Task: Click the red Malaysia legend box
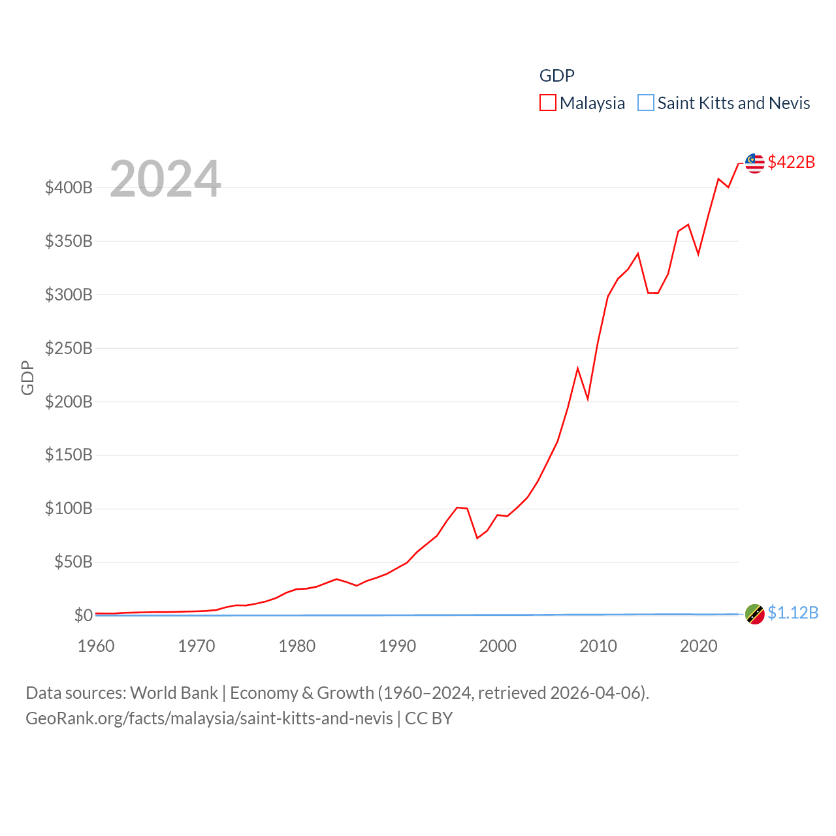[x=547, y=103]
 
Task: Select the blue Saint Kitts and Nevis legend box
[x=645, y=103]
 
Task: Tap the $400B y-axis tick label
[x=69, y=188]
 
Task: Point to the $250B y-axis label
[x=69, y=348]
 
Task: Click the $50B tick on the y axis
[x=73, y=562]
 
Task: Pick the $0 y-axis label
[x=83, y=615]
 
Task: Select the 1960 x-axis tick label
[x=96, y=646]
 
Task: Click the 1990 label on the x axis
[x=397, y=646]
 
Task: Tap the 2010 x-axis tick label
[x=598, y=646]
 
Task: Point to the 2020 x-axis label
[x=699, y=646]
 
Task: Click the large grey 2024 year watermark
[x=165, y=179]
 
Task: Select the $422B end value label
[x=791, y=162]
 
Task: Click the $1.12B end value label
[x=793, y=613]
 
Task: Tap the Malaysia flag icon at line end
[x=755, y=163]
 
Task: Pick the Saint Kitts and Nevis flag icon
[x=755, y=614]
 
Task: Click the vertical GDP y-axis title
[x=27, y=378]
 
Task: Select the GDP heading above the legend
[x=556, y=76]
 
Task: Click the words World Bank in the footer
[x=174, y=692]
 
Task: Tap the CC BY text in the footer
[x=428, y=718]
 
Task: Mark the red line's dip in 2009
[x=588, y=398]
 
